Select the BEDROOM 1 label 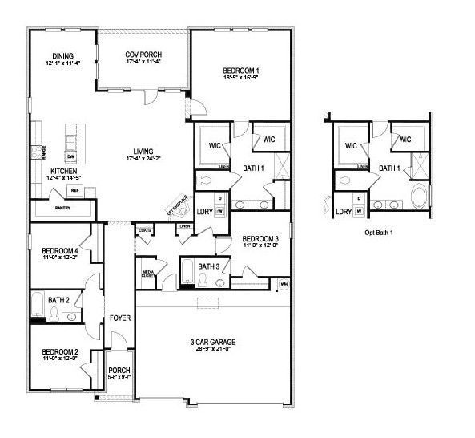coord(240,72)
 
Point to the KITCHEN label coord(64,172)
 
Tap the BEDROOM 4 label coord(60,250)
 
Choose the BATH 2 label coord(59,300)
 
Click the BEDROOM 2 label coord(60,352)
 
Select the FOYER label coord(120,318)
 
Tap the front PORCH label coord(119,370)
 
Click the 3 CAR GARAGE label coord(211,342)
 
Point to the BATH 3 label coord(209,266)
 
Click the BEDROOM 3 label coord(260,238)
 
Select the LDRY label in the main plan coord(204,212)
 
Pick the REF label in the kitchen coord(74,190)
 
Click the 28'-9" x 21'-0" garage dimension coord(211,349)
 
